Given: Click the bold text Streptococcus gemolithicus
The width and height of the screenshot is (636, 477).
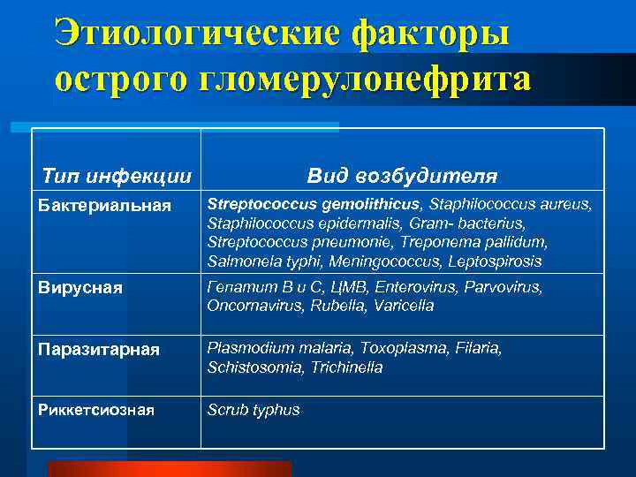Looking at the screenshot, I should (313, 205).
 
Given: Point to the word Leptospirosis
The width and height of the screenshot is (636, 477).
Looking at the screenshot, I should (496, 261).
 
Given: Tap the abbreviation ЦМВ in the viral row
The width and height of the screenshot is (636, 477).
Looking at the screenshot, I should (353, 287).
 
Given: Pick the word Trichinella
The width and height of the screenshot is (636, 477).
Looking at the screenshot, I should (346, 367).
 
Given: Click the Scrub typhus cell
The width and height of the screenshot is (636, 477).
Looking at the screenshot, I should (254, 410).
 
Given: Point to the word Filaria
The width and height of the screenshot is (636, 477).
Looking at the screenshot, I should (477, 348).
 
